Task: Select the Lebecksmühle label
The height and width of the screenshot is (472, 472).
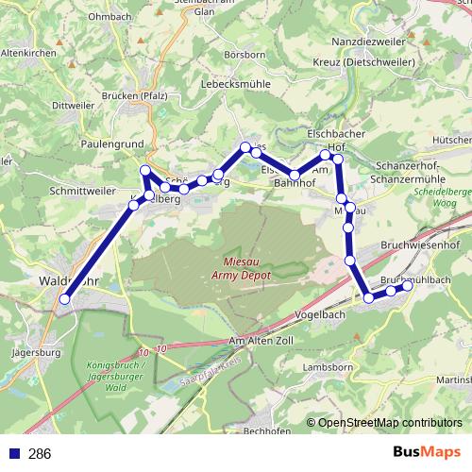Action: click(x=235, y=83)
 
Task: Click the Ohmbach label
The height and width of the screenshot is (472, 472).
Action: click(x=109, y=16)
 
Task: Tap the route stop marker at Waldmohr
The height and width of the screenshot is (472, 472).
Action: click(x=65, y=299)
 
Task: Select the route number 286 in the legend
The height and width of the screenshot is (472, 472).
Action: click(x=40, y=453)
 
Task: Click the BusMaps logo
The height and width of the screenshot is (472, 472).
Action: click(x=428, y=451)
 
